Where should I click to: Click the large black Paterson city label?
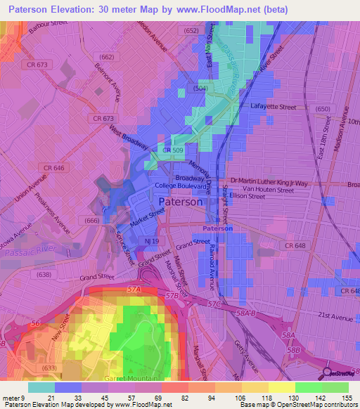click(x=181, y=202)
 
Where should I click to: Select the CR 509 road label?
click(x=172, y=150)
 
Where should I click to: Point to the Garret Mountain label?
click(x=141, y=377)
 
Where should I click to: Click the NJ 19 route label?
click(x=148, y=240)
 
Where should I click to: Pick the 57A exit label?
click(x=134, y=289)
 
